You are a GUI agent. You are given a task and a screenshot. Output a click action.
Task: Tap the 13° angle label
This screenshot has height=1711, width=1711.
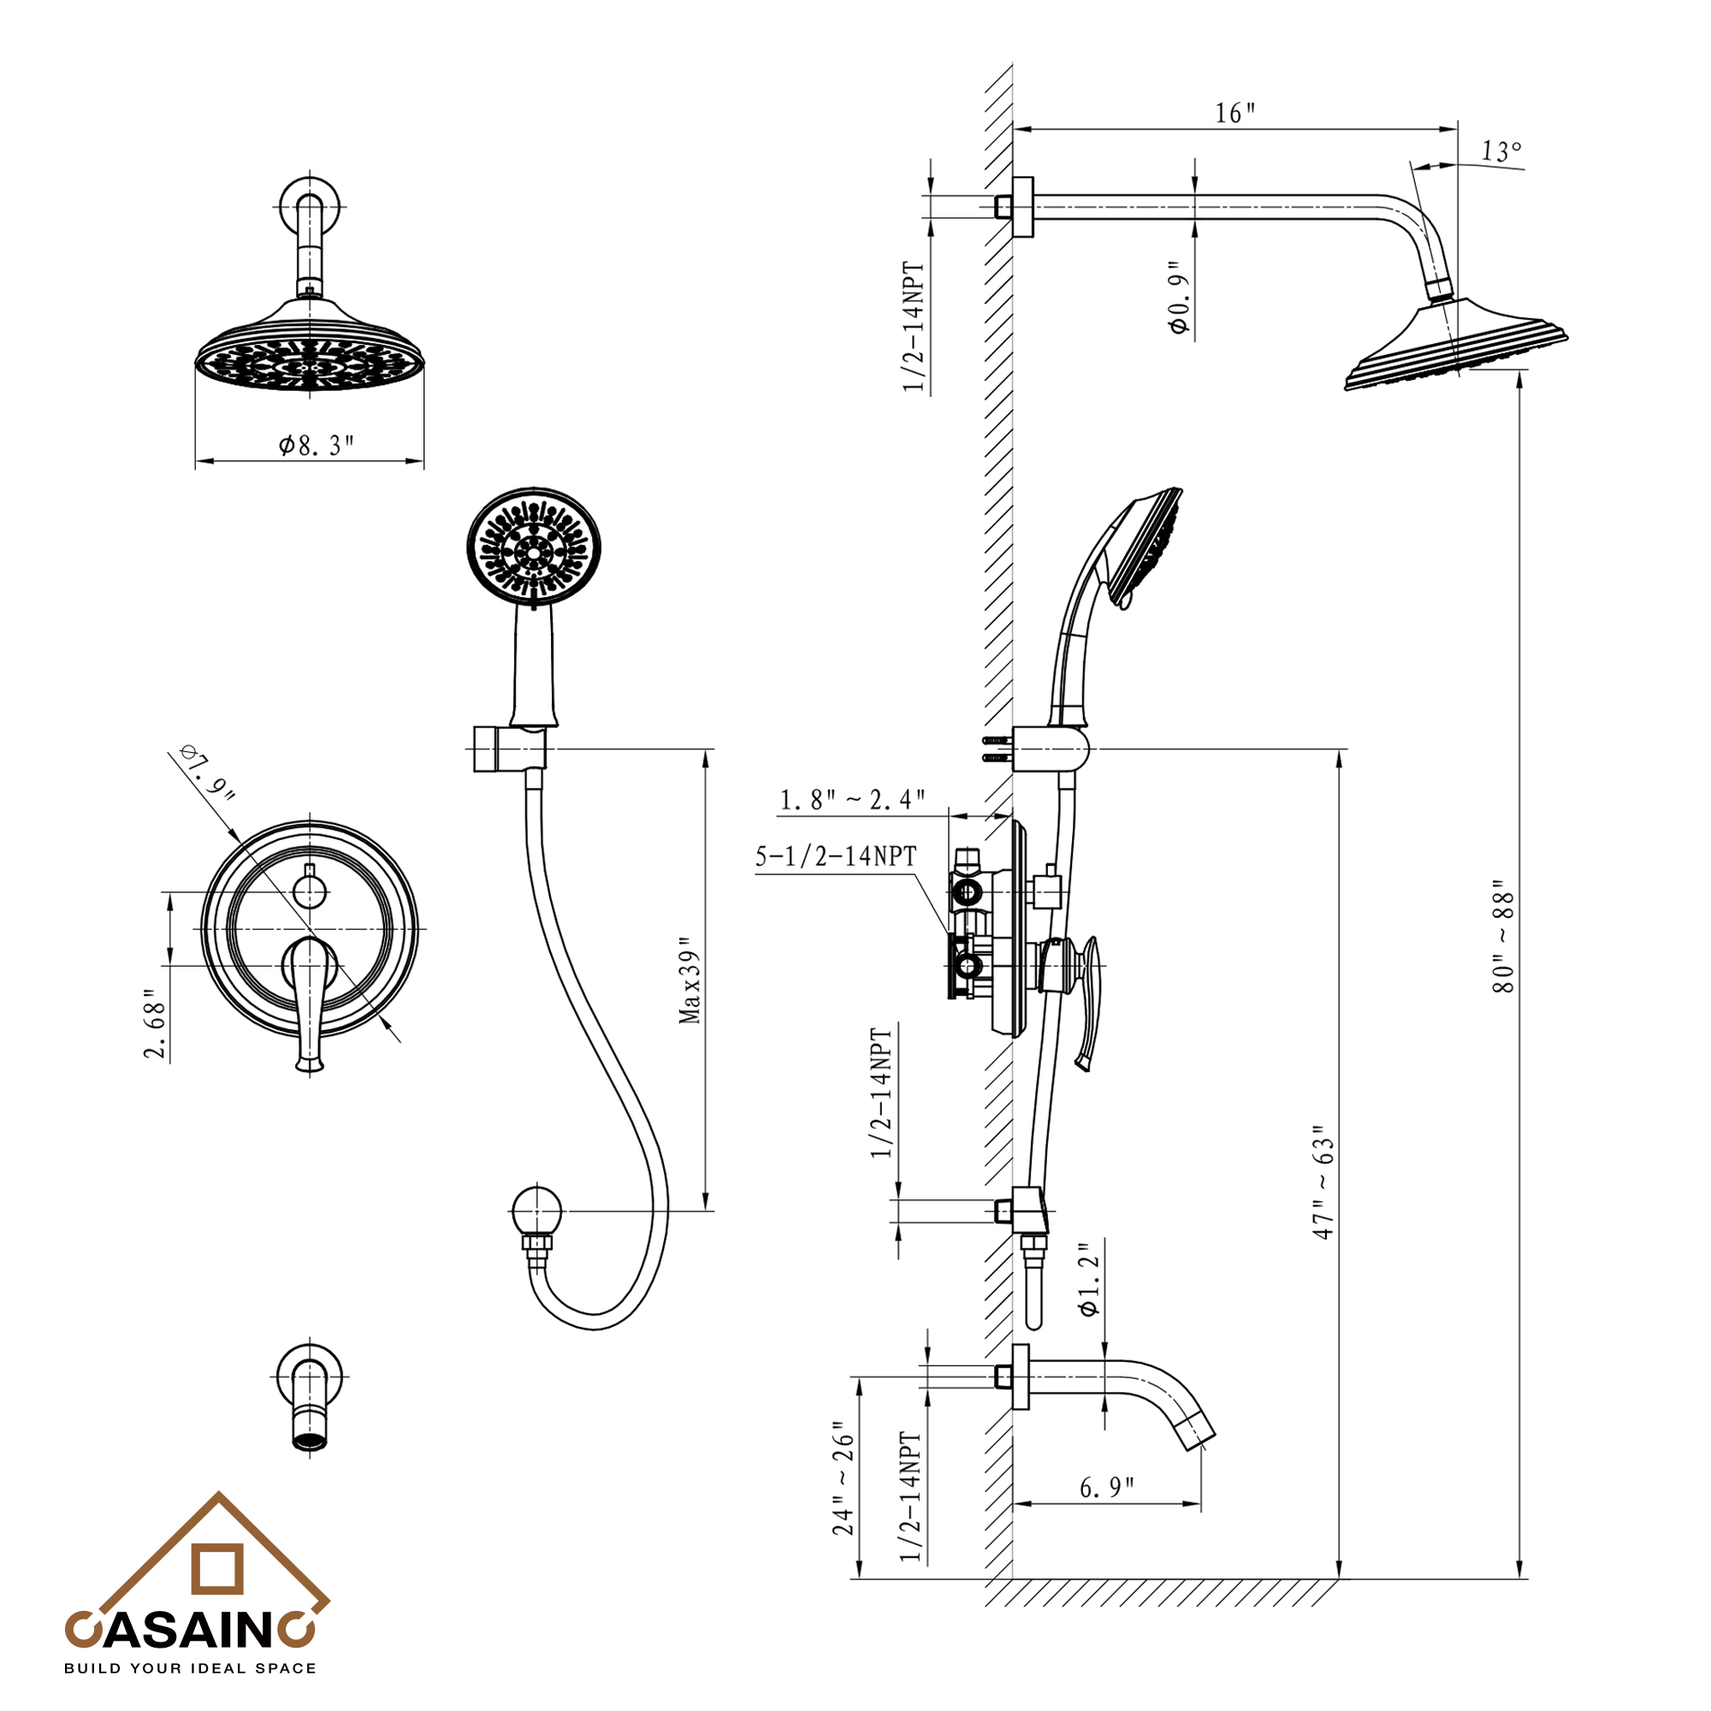[1501, 151]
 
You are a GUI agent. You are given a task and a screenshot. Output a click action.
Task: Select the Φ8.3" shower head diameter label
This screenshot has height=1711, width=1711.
[317, 445]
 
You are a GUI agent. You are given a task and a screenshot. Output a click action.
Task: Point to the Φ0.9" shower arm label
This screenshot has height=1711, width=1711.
[1179, 299]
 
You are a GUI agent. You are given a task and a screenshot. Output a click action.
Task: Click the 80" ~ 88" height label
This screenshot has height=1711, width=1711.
[1504, 936]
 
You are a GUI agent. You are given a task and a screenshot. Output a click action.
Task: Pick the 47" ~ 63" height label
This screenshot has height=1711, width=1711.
[1323, 1182]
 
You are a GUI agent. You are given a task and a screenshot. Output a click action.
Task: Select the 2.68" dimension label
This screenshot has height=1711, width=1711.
[156, 1024]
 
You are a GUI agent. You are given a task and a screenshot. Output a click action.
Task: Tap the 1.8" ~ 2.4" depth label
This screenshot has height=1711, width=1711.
[852, 800]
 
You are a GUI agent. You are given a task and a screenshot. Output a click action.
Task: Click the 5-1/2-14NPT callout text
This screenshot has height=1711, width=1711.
[836, 856]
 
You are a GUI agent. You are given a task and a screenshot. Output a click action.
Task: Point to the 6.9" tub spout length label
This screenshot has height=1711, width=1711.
[1106, 1487]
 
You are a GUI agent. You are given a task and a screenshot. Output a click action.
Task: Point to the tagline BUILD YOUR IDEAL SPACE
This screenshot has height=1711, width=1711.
[190, 1668]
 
